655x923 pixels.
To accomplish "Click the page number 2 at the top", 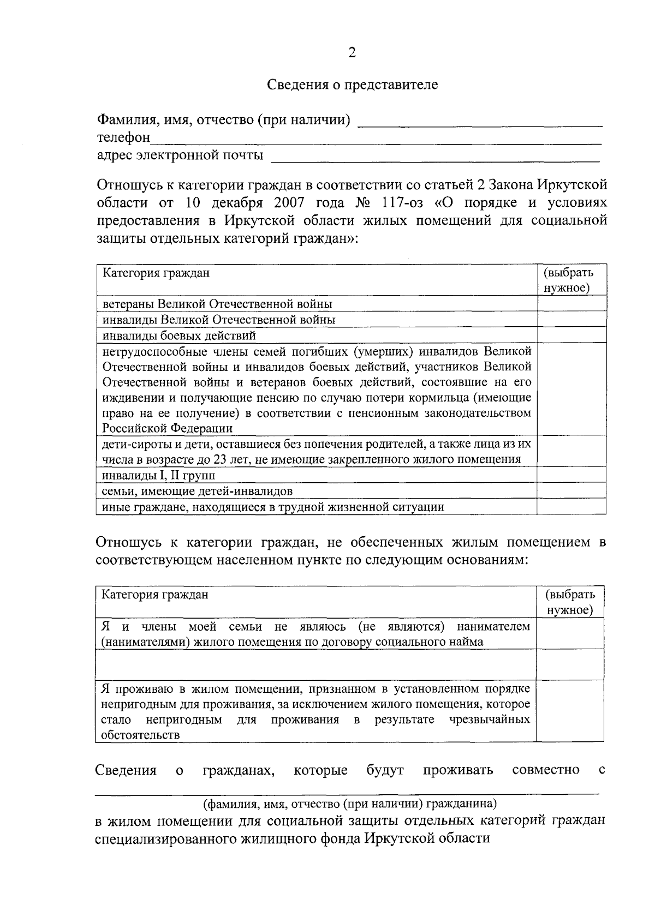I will [352, 52].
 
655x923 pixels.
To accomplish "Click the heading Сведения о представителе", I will [352, 85].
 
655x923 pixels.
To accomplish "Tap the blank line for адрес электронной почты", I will [435, 158].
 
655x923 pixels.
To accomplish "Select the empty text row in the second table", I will [315, 664].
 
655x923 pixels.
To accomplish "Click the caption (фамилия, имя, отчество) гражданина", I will [349, 804].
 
